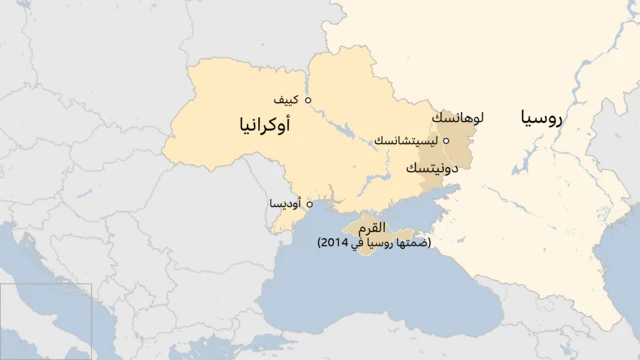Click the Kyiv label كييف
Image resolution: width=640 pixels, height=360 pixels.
tap(286, 100)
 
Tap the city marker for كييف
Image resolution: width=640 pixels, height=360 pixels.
tap(308, 100)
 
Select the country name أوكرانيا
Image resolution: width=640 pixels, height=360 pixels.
tap(267, 126)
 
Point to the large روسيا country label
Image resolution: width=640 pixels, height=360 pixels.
tap(542, 119)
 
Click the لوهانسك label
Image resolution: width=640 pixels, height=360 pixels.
tap(458, 118)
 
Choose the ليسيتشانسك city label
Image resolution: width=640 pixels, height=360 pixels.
tap(406, 141)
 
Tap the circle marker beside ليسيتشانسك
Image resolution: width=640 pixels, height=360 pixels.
tap(446, 141)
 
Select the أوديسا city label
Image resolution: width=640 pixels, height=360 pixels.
tap(286, 204)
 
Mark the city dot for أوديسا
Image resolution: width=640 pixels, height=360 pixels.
tap(309, 204)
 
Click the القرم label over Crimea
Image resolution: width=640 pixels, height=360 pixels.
tap(371, 229)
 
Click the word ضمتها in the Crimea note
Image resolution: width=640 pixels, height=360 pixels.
tap(415, 243)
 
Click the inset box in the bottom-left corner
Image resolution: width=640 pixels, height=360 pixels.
tap(46, 321)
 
